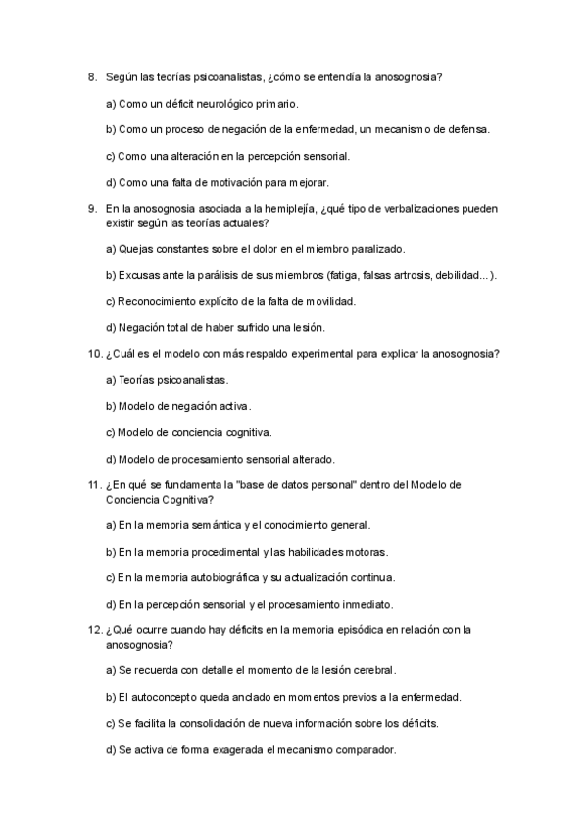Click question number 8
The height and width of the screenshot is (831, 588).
(x=91, y=76)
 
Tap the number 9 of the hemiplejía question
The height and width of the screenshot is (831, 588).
(x=91, y=208)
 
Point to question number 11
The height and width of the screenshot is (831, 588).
(x=93, y=484)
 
